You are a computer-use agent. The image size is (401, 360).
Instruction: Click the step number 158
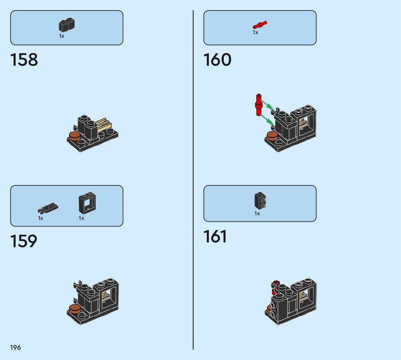point(24,60)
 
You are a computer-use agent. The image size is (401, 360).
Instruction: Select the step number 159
point(24,241)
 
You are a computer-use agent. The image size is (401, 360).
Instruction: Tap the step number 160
point(217,60)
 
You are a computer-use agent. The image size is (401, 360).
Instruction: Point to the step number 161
point(215,237)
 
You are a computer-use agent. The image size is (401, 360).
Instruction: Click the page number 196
point(16,348)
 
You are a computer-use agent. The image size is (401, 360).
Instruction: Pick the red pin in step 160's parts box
point(260,25)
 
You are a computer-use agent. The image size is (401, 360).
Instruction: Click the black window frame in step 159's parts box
point(87,204)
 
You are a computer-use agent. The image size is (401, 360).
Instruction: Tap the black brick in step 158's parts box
point(67,25)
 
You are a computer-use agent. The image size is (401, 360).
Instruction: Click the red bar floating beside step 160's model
point(258,105)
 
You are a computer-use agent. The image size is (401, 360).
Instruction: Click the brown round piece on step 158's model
point(74,137)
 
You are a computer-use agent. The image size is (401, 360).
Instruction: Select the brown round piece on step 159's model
point(74,309)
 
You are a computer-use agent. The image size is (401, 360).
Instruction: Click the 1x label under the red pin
point(255,33)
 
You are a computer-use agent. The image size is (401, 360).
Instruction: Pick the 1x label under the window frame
point(81,218)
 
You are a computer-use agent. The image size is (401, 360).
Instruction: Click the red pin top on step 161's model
point(276,282)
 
